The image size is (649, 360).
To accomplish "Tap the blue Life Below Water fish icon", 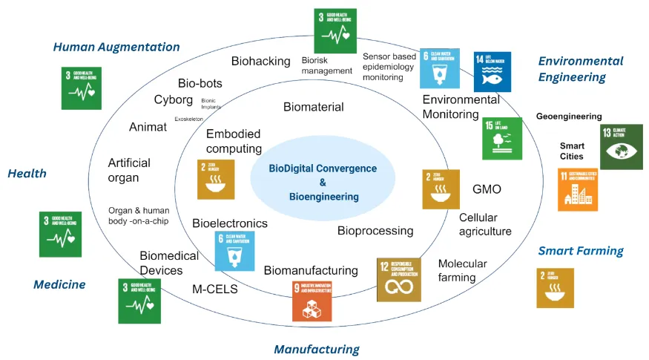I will point(492,71).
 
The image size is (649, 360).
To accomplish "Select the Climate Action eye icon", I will point(621,147).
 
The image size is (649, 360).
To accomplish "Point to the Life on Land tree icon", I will point(501,138).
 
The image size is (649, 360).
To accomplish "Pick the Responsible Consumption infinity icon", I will point(399,279).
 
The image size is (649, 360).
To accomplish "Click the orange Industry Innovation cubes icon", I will point(312,301).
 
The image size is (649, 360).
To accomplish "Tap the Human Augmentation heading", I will point(116,47).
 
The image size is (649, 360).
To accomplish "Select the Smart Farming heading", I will point(581,251).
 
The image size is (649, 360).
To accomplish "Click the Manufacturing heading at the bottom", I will point(317,349).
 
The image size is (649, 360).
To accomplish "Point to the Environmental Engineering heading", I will point(581,69).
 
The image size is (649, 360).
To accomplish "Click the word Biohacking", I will point(260,61).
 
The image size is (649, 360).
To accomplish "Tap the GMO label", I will point(487,189).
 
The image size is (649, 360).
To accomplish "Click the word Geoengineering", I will point(569,117).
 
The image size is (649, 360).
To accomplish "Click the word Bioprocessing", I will point(375,231).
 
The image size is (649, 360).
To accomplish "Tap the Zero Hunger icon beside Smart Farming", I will point(555,288).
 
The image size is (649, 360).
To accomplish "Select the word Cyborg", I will point(174,100).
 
